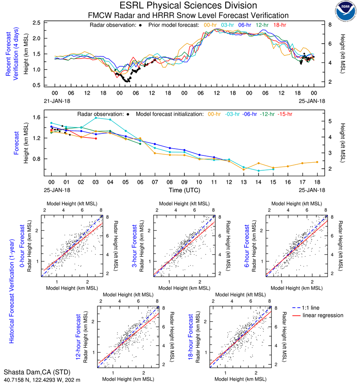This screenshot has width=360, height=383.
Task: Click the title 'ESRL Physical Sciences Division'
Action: (188, 6)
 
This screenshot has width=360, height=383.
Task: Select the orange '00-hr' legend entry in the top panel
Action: (210, 25)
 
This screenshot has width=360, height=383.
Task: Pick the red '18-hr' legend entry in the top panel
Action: (279, 25)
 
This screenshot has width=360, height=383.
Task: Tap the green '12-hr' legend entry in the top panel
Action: (262, 25)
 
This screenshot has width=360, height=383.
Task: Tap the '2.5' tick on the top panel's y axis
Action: (36, 23)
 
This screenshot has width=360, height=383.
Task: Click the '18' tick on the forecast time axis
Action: (317, 182)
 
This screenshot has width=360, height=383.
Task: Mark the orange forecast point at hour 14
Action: (259, 163)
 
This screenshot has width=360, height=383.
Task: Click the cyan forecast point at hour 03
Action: (96, 118)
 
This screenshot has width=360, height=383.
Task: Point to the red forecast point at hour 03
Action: (96, 139)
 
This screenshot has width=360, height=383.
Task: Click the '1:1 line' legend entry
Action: (311, 307)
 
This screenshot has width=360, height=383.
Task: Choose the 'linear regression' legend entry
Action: (323, 315)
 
